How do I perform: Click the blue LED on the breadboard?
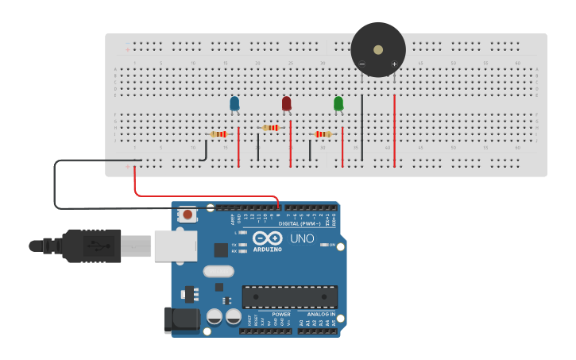pyautogui.click(x=234, y=103)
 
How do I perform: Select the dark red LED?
pyautogui.click(x=287, y=103)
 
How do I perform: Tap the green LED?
pyautogui.click(x=338, y=103)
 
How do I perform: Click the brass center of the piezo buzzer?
pyautogui.click(x=378, y=49)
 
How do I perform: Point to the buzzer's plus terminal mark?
pyautogui.click(x=394, y=64)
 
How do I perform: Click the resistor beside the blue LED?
pyautogui.click(x=218, y=134)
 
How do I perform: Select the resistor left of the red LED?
pyautogui.click(x=271, y=127)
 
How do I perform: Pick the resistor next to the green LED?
pyautogui.click(x=323, y=134)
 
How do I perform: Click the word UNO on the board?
pyautogui.click(x=302, y=238)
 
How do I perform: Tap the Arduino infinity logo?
pyautogui.click(x=268, y=238)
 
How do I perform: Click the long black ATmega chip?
pyautogui.click(x=289, y=296)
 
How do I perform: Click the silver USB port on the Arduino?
pyautogui.click(x=175, y=246)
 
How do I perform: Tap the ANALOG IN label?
pyautogui.click(x=321, y=314)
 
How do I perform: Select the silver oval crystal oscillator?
pyautogui.click(x=218, y=271)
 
